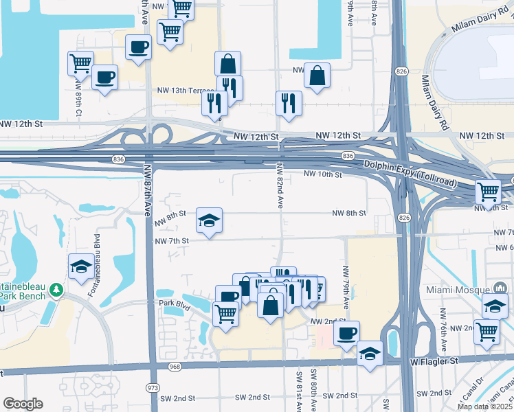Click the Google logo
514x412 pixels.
(x=23, y=404)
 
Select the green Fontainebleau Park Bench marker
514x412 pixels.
(x=56, y=290)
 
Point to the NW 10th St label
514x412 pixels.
(x=322, y=175)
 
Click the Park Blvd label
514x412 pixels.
(x=174, y=302)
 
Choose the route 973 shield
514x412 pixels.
(x=153, y=387)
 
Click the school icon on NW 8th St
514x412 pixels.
(x=210, y=220)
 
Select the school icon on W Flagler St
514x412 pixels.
(x=370, y=353)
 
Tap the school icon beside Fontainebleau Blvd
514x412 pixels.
(x=81, y=266)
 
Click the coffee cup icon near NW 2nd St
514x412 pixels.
(x=346, y=332)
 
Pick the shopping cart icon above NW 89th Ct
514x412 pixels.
(x=80, y=63)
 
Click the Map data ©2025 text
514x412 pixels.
(x=485, y=407)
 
